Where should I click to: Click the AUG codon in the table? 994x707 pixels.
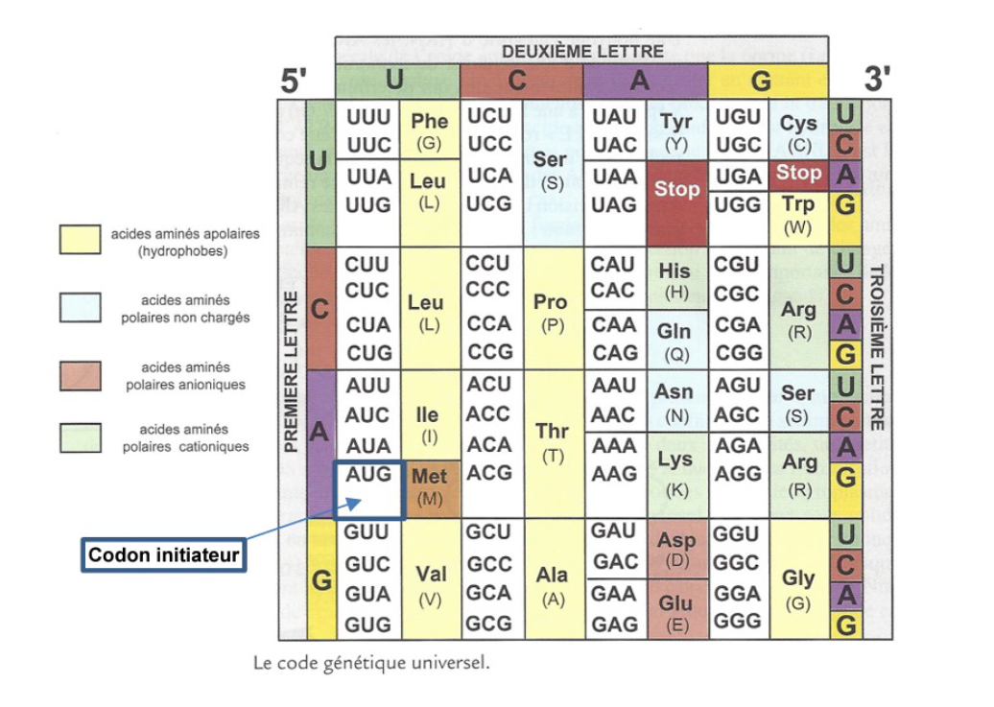click(368, 474)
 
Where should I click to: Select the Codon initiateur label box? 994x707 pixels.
click(163, 554)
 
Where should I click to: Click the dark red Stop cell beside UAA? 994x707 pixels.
click(677, 203)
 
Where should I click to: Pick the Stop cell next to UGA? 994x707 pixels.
click(798, 175)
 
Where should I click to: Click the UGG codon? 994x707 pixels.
click(737, 204)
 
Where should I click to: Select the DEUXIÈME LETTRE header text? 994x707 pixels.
click(582, 52)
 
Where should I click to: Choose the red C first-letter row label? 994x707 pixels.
click(320, 309)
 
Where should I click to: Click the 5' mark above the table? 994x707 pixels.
click(294, 81)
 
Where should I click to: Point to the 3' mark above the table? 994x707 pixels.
click(877, 79)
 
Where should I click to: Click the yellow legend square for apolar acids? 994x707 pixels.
click(80, 239)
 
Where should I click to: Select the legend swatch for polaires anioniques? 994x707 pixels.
click(80, 376)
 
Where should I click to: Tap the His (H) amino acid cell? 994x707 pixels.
click(675, 279)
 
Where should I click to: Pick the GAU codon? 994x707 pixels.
click(614, 530)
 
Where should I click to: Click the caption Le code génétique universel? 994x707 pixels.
click(371, 663)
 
